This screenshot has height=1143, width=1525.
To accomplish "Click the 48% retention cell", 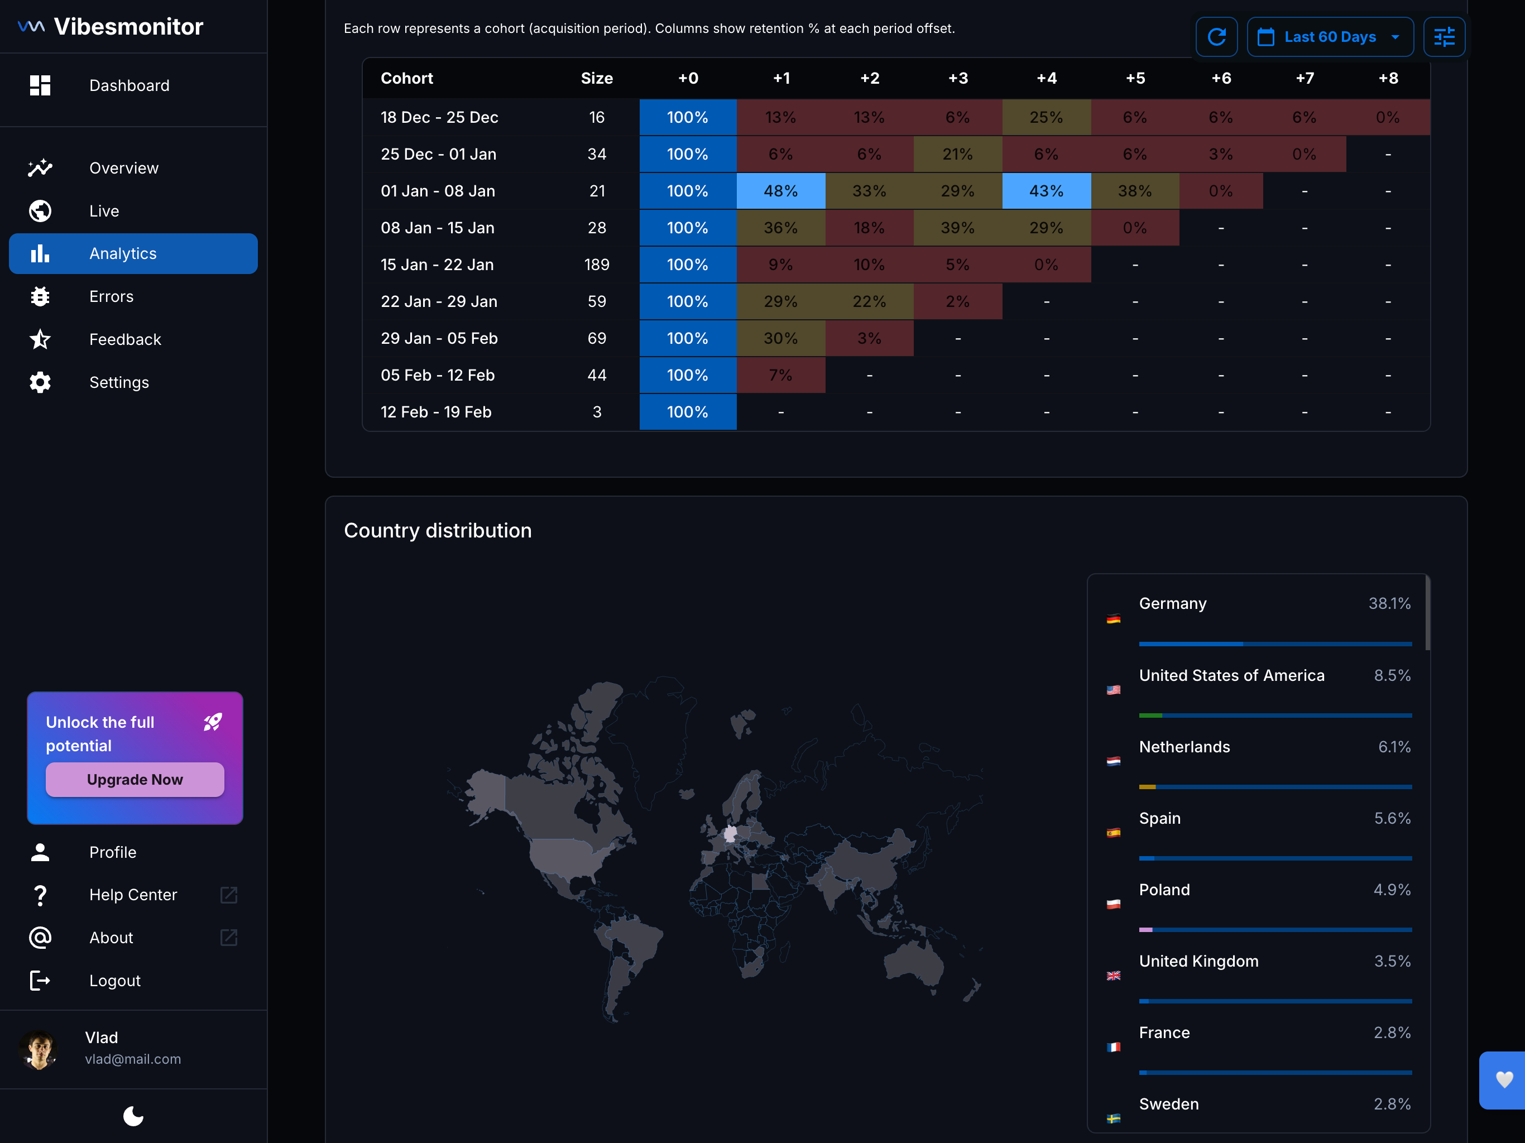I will click(780, 191).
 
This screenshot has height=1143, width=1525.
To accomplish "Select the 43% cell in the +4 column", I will click(1046, 191).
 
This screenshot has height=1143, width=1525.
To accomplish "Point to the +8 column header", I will click(1388, 79).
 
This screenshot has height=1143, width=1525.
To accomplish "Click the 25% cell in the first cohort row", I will click(1046, 117).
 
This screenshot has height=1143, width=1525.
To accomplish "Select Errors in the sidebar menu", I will click(111, 296).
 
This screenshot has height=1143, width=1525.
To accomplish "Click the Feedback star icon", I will click(40, 339).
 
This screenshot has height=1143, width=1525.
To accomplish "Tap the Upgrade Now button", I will click(135, 780).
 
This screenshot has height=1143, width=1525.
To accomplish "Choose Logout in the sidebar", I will click(114, 980).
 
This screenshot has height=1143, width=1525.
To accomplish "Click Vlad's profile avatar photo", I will click(39, 1049).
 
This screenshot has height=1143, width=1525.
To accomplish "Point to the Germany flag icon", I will click(1112, 619).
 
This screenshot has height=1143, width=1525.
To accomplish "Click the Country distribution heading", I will click(438, 530).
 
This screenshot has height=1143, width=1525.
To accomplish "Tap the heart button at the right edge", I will click(1504, 1079).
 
